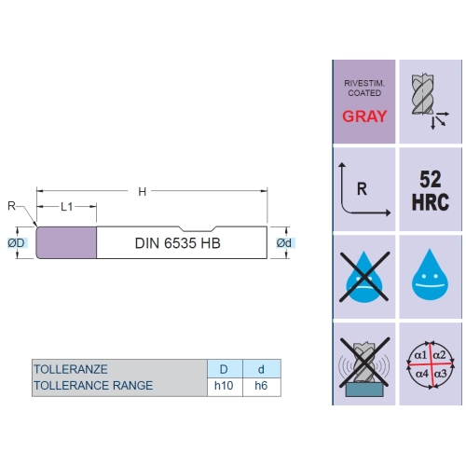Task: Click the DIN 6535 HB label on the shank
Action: click(x=178, y=243)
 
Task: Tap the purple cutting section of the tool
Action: click(x=66, y=242)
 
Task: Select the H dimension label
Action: click(x=142, y=192)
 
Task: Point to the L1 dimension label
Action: click(x=67, y=207)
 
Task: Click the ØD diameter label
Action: click(x=16, y=242)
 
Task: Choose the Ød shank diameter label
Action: click(x=284, y=242)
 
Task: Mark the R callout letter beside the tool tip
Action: click(x=11, y=206)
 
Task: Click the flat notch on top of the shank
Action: click(x=198, y=230)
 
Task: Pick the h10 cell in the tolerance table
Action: click(x=224, y=386)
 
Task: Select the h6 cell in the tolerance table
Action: click(x=261, y=386)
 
